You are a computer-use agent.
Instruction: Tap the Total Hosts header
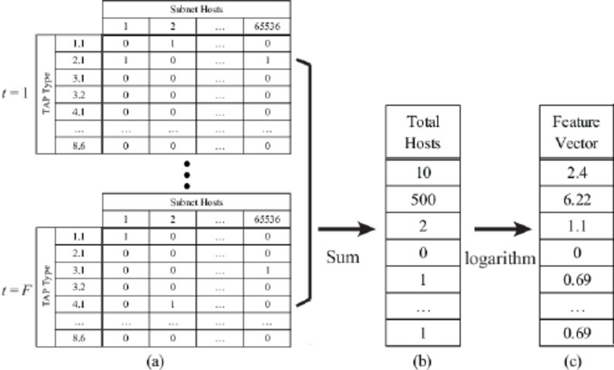423,132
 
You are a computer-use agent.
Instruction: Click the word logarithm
501,257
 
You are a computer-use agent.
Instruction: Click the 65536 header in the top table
267,28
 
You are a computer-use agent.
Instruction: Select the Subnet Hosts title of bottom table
196,202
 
